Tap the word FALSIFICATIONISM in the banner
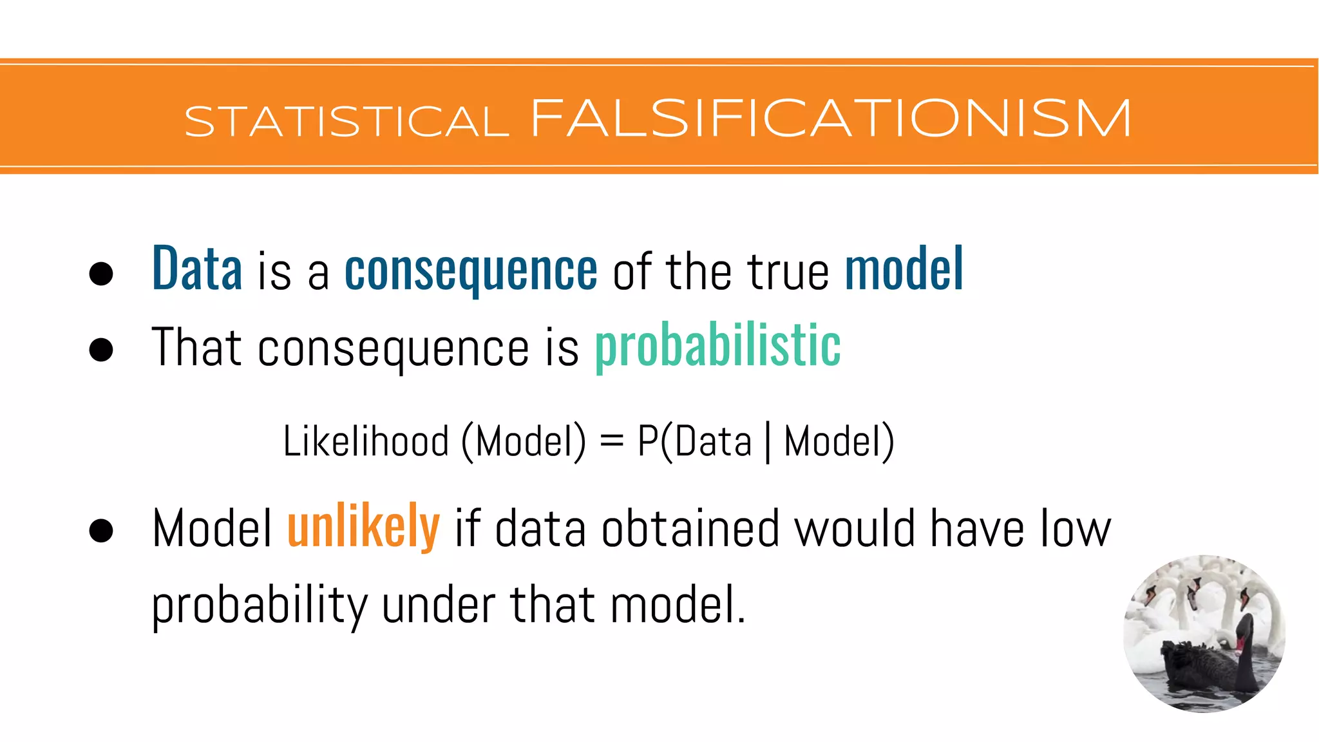tap(831, 119)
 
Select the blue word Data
tap(197, 269)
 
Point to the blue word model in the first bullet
tap(904, 269)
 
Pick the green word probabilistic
tap(717, 347)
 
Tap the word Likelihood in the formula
tap(366, 442)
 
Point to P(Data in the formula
tap(694, 442)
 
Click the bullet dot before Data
tap(101, 273)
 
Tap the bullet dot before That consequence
tap(101, 350)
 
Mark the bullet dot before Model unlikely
tap(101, 531)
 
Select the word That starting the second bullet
tap(196, 348)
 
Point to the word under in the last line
tap(439, 605)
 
